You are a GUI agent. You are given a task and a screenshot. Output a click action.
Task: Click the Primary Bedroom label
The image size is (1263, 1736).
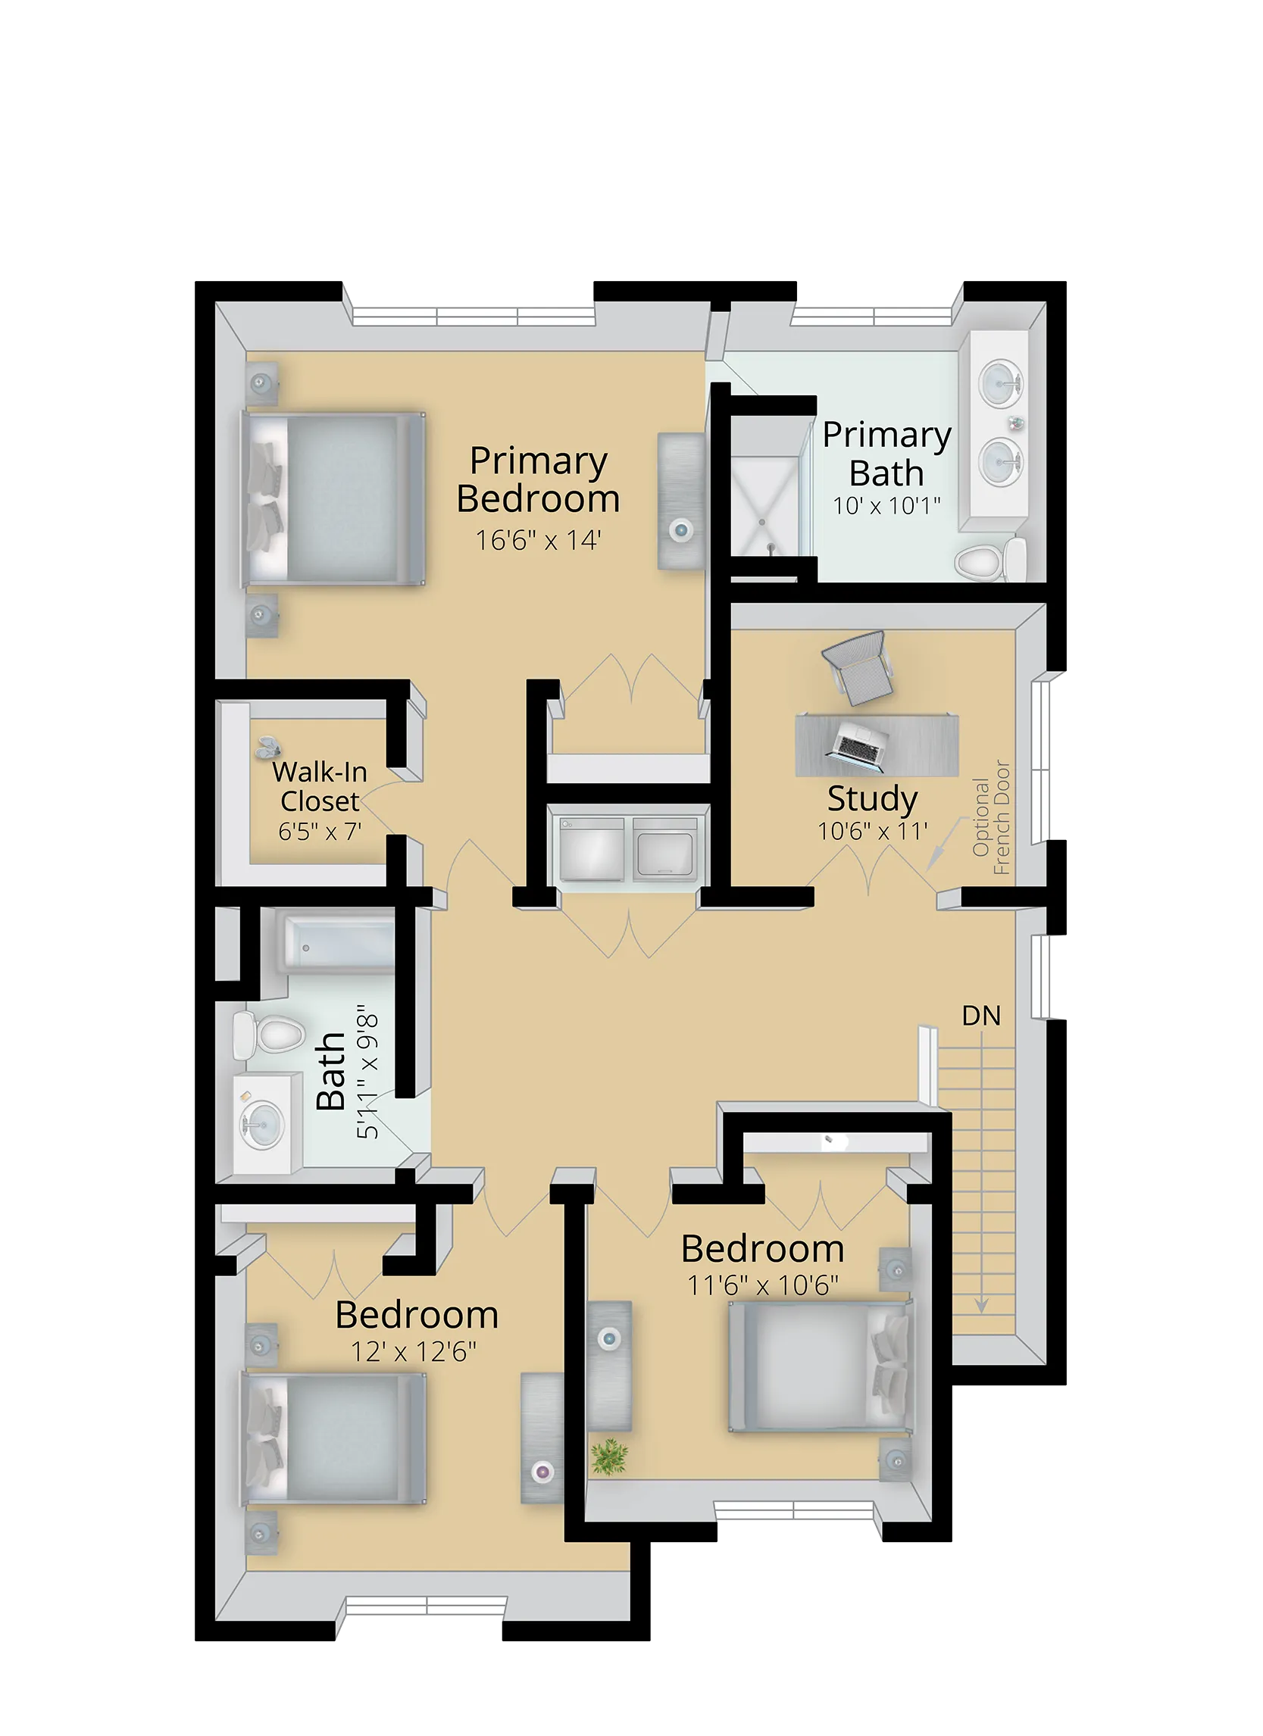tap(538, 480)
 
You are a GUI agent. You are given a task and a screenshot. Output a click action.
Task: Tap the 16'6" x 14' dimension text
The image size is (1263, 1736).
tap(538, 540)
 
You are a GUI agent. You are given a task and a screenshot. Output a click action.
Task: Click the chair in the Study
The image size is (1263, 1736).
tap(858, 666)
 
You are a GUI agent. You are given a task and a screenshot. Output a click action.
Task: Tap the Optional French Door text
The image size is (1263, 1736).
tap(991, 817)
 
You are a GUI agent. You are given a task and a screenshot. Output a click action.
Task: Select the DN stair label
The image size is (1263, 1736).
tap(980, 1016)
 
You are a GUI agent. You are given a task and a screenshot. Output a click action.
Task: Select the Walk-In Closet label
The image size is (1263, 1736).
tap(320, 786)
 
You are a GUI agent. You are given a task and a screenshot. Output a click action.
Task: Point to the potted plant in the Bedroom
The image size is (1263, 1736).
tap(608, 1456)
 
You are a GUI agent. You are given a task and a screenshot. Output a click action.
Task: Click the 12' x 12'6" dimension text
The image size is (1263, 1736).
tap(414, 1353)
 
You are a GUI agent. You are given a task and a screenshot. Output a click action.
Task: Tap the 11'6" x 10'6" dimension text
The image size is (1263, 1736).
tap(762, 1285)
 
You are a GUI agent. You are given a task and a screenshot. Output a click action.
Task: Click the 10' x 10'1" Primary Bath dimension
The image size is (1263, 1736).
tap(886, 506)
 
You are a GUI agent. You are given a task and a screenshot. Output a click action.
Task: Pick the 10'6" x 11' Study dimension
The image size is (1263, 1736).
tap(872, 831)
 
